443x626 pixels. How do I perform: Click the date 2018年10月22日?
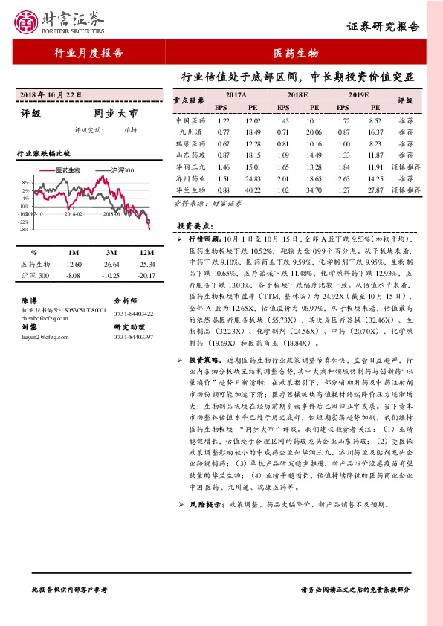tap(51, 95)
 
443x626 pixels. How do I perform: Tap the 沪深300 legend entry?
tap(120, 170)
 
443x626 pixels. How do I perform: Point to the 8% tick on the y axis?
tap(25, 182)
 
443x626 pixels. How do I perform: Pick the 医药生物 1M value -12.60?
tap(73, 264)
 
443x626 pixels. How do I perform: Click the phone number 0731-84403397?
tap(133, 337)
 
